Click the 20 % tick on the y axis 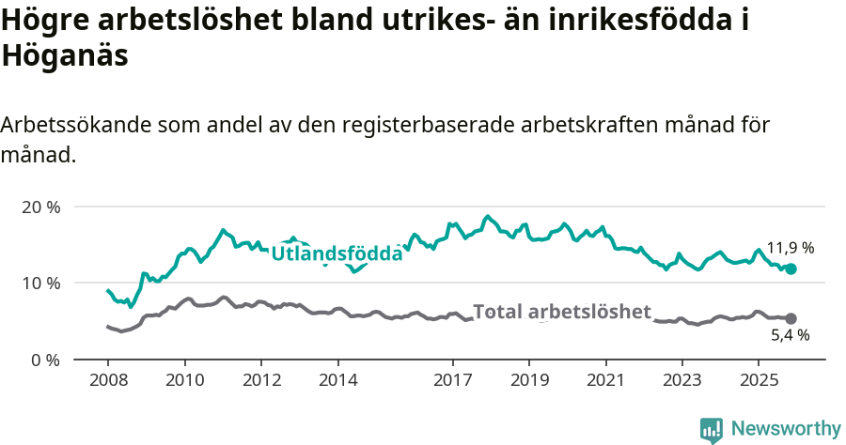pos(40,207)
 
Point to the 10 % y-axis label pos(40,283)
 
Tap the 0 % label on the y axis pos(45,360)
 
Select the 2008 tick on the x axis pos(107,380)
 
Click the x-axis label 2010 pos(184,380)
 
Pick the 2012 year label pos(261,380)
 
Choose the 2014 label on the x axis pos(337,380)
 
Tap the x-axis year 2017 pos(452,380)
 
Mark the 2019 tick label pos(529,380)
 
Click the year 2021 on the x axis pos(605,380)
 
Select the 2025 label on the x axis pos(759,380)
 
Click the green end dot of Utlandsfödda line pos(791,269)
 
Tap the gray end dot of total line pos(791,319)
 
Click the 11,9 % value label pos(790,248)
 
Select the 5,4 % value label pos(790,335)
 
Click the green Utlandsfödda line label pos(337,253)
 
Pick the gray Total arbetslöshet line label pos(562,312)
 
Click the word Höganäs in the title pos(65,55)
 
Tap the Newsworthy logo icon pos(712,429)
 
